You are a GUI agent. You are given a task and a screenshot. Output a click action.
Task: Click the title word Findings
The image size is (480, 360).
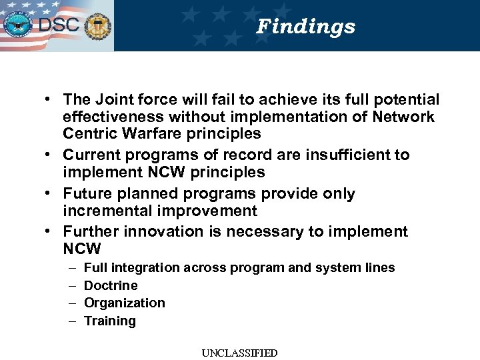tap(306, 27)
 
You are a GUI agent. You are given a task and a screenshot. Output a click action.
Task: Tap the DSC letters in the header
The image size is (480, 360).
tap(59, 25)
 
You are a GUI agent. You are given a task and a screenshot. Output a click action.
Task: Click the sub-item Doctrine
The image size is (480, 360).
tap(111, 285)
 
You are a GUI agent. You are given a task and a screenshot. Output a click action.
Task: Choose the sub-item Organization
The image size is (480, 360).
tap(124, 303)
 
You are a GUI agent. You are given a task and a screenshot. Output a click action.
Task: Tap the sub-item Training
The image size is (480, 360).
tap(109, 321)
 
